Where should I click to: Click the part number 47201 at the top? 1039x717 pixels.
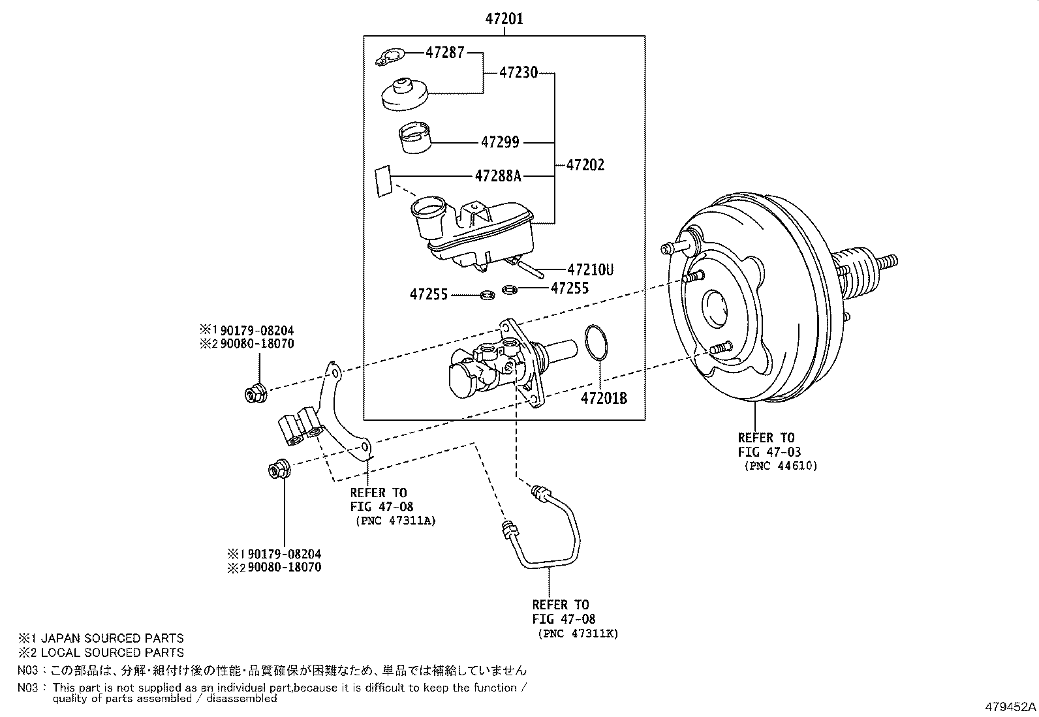tap(504, 19)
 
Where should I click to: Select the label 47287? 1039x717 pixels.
tap(445, 53)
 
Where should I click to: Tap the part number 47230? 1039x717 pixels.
tap(519, 72)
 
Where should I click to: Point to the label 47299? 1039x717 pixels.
tap(501, 142)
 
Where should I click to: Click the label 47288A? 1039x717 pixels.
tap(498, 175)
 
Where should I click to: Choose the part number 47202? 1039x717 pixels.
tap(585, 165)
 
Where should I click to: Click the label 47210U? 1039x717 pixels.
tap(590, 269)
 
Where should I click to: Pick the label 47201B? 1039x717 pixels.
tap(604, 397)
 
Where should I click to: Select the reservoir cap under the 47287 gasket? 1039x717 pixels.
tap(405, 95)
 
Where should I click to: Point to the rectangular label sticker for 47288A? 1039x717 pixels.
tap(382, 181)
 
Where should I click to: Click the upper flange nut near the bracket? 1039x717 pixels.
tap(253, 394)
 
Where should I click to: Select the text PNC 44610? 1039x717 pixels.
tap(781, 466)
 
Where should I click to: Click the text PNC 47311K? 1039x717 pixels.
tap(578, 633)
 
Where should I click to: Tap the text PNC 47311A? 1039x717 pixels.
tap(395, 521)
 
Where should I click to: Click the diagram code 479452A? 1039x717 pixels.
tap(1010, 707)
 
